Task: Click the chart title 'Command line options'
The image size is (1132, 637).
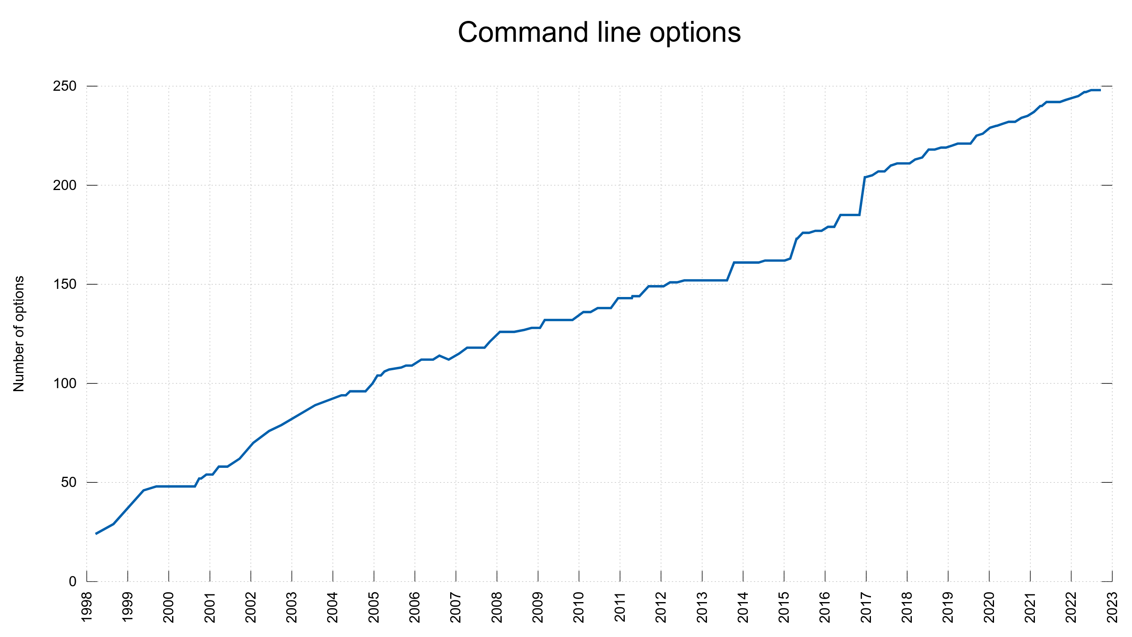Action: point(599,32)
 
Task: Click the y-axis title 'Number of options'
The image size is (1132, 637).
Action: point(19,334)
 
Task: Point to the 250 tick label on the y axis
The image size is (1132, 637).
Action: point(65,86)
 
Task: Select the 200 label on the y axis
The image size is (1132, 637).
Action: point(65,185)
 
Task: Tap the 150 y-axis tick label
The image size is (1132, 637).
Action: point(65,285)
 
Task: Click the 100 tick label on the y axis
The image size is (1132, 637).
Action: point(65,383)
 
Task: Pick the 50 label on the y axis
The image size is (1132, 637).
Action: point(69,482)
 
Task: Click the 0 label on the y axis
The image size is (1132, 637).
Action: point(72,582)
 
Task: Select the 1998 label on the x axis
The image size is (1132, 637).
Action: point(87,607)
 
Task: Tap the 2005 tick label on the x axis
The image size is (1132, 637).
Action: point(374,607)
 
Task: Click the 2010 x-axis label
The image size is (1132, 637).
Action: point(579,607)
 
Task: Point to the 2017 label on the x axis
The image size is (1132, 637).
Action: point(866,607)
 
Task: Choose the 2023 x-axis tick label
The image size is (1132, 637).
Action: point(1112,607)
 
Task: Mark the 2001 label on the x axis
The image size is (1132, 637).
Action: point(210,607)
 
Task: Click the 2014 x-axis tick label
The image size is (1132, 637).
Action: point(743,607)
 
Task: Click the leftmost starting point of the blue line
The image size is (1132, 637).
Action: point(96,534)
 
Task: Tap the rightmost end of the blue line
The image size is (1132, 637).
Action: point(1100,90)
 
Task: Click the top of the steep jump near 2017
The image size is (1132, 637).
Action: point(865,178)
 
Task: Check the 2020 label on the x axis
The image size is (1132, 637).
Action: point(989,607)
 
